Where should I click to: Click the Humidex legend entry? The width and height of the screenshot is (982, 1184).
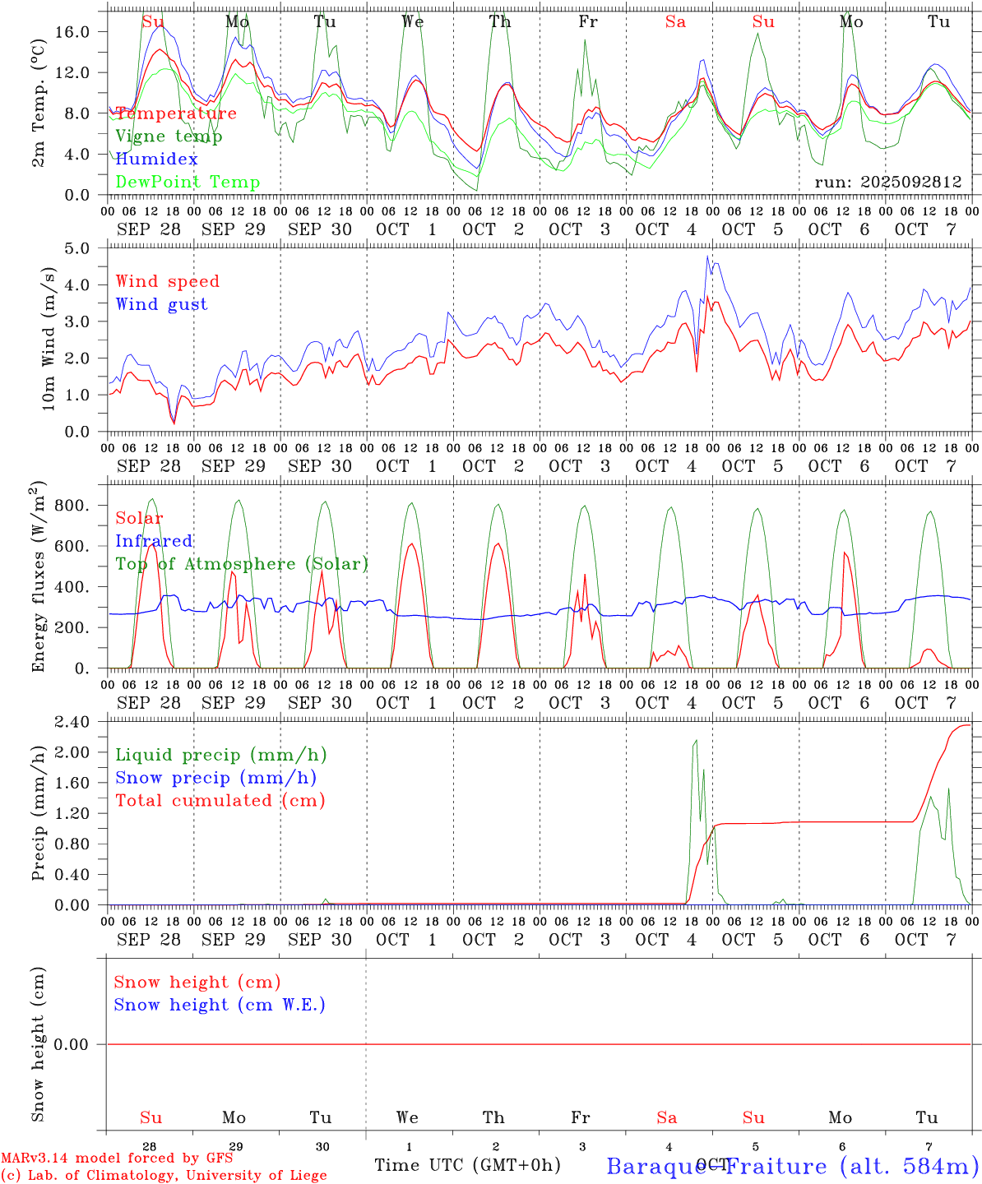click(x=156, y=159)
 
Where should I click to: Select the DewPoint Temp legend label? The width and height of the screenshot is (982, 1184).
click(x=188, y=182)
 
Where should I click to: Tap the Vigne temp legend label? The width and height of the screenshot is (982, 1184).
click(x=169, y=136)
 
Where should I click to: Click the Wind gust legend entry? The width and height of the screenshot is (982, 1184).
click(x=161, y=304)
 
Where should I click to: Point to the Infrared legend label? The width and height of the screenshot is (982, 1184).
click(x=154, y=541)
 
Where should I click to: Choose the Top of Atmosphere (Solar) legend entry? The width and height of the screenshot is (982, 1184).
click(x=242, y=564)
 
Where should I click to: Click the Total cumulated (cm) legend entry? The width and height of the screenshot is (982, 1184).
click(x=220, y=800)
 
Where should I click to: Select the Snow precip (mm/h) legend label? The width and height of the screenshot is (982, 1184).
click(x=215, y=778)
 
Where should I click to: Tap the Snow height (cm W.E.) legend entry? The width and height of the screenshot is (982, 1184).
click(x=219, y=1005)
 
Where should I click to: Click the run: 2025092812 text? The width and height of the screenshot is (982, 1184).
click(x=887, y=182)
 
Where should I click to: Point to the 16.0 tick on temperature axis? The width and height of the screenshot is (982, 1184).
click(x=72, y=31)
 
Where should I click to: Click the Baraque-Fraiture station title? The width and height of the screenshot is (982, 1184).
click(x=792, y=1166)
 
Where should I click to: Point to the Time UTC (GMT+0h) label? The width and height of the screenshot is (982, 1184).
click(x=467, y=1165)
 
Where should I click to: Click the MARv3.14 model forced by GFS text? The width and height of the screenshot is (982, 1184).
click(x=117, y=1158)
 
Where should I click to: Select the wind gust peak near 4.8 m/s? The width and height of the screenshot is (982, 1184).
click(x=707, y=257)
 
